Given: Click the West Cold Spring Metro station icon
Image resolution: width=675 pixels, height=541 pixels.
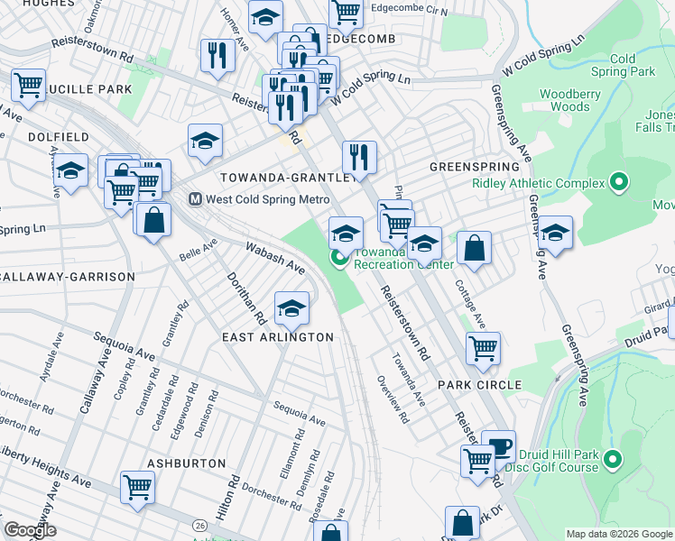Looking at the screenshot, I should tap(194, 199).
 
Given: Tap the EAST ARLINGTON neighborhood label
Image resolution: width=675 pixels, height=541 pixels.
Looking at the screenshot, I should tap(278, 337).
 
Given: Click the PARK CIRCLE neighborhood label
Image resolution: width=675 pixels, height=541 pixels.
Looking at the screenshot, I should tap(479, 385).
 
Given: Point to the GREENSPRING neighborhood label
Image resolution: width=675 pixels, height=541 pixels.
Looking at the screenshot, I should tap(474, 167).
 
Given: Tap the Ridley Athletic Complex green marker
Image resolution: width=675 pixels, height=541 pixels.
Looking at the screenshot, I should tap(618, 183).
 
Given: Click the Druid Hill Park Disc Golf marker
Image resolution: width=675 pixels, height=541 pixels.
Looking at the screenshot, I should tap(613, 460).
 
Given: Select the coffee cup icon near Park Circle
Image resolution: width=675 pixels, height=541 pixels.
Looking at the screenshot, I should tap(498, 445).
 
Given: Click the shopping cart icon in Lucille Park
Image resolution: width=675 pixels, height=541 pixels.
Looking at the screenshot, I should tap(28, 85).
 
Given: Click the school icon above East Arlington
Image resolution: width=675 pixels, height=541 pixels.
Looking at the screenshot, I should tap(291, 307).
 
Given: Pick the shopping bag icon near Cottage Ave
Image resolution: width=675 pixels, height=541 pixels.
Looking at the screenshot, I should tap(474, 247).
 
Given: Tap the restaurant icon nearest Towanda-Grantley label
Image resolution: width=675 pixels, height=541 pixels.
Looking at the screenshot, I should tap(359, 156).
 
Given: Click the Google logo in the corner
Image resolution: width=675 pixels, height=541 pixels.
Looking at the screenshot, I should tap(30, 530).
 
